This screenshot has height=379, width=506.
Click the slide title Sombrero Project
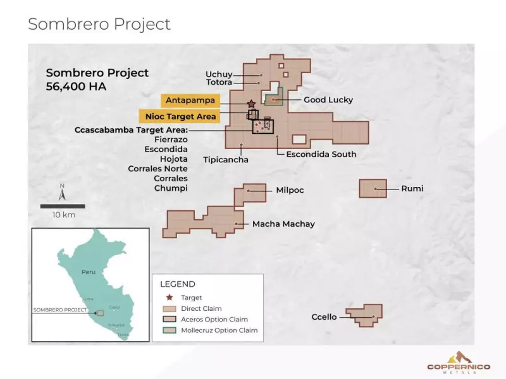tap(99, 24)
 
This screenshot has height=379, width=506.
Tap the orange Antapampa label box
tap(190, 100)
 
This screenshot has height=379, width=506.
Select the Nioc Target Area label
tap(180, 116)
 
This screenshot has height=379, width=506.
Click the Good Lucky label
tap(328, 100)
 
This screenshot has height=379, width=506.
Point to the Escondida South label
tap(321, 154)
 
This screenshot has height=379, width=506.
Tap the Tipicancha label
tap(226, 160)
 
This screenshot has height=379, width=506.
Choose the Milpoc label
tap(290, 189)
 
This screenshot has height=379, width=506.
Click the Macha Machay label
tap(283, 224)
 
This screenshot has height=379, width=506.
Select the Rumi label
tap(412, 188)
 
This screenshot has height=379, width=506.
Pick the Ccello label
tap(324, 317)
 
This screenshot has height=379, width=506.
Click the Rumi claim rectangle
tap(373, 188)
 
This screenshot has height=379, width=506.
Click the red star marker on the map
tap(251, 104)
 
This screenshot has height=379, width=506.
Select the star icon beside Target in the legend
tap(169, 298)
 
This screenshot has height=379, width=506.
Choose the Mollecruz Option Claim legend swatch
tap(169, 330)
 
